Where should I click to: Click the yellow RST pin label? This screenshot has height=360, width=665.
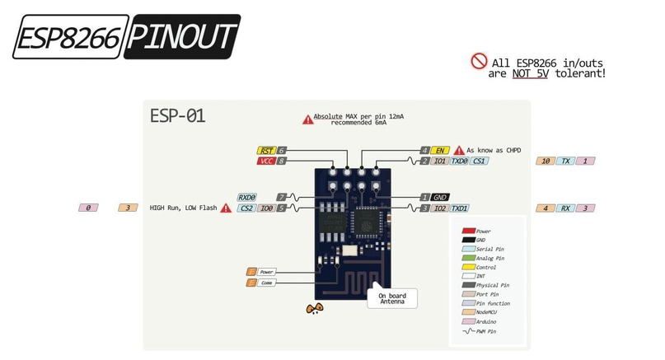[x=266, y=151]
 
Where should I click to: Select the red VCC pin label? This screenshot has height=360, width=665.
[x=266, y=161]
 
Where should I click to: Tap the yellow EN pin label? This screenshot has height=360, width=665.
[x=441, y=151]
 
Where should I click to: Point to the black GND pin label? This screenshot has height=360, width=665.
[x=441, y=198]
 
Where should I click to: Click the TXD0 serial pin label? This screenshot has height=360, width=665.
[x=460, y=161]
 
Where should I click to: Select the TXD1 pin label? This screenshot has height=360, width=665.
[x=460, y=209]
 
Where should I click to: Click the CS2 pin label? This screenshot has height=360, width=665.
[x=246, y=209]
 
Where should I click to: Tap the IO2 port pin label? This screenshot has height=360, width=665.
[x=441, y=209]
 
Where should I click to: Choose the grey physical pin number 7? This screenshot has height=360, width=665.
[x=282, y=198]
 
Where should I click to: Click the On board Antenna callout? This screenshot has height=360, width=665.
[x=392, y=298]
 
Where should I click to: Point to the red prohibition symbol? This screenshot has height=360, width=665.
[x=479, y=61]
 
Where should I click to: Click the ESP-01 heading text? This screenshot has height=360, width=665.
[x=177, y=115]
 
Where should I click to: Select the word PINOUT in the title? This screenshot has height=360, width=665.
[x=183, y=37]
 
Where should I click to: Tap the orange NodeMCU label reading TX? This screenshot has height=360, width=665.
[x=565, y=161]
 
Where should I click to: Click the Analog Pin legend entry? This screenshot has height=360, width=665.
[x=489, y=259]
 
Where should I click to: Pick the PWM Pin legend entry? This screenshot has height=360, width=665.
[x=489, y=330]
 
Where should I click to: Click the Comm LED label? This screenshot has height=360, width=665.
[x=266, y=283]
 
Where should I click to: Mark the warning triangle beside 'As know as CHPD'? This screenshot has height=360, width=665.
[x=458, y=151]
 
